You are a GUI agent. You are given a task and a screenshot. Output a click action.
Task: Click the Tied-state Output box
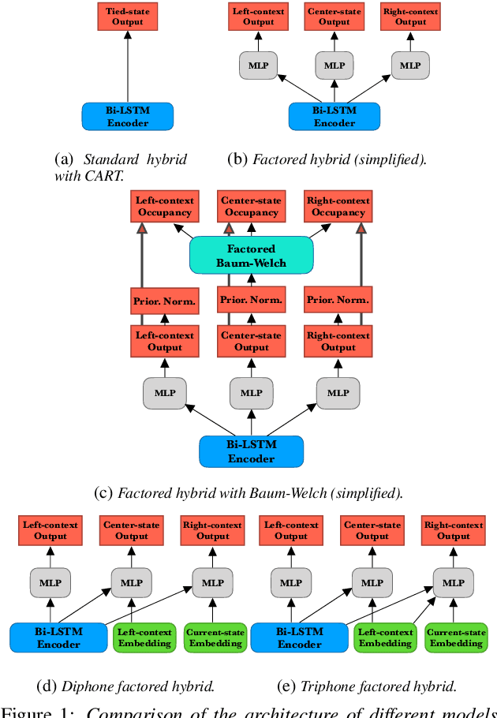[x=126, y=16]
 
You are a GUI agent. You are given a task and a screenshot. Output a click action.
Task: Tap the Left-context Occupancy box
[x=163, y=207]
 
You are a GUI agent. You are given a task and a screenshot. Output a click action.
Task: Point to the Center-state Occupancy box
[x=251, y=207]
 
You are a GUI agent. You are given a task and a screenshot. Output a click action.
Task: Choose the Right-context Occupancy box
[x=338, y=207]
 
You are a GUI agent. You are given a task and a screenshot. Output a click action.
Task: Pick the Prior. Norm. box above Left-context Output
[x=163, y=301]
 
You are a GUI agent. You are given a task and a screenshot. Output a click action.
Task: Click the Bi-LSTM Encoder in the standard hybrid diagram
[x=126, y=117]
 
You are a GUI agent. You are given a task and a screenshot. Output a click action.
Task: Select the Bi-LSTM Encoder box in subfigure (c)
[x=252, y=451]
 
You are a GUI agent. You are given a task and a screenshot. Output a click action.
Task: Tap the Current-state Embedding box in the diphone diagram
[x=215, y=638]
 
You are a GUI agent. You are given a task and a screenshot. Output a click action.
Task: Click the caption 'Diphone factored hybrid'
[x=125, y=686]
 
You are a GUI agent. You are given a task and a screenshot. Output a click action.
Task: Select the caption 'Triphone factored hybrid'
[x=368, y=686]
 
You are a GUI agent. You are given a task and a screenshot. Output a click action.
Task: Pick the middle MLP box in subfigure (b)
[x=334, y=65]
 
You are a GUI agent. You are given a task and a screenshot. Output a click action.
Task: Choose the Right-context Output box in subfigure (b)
[x=410, y=16]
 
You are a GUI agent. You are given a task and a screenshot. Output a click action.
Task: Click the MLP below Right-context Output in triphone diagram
[x=454, y=583]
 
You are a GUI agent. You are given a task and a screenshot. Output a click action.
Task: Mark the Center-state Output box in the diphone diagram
[x=132, y=530]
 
